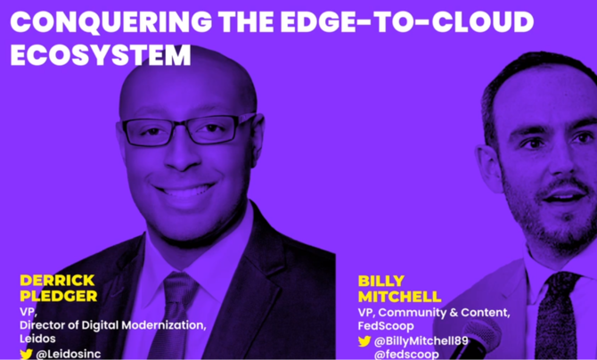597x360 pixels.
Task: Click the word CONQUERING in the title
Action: (x=111, y=22)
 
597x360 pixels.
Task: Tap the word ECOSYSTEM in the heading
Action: (x=101, y=55)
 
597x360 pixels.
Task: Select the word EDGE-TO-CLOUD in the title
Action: (x=407, y=21)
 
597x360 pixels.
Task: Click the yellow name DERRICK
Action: (x=57, y=281)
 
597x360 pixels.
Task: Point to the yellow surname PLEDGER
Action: (x=59, y=296)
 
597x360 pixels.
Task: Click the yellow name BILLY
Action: (x=381, y=282)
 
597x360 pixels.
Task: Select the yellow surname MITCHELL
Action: (x=400, y=297)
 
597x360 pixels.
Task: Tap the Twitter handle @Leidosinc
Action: (x=69, y=354)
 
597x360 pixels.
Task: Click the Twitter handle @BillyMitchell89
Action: (x=421, y=340)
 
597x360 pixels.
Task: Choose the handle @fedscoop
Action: (x=406, y=355)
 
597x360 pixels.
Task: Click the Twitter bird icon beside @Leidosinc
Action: (x=26, y=355)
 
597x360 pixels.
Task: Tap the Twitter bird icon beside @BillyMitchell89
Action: (x=364, y=341)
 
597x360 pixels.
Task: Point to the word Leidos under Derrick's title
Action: (x=37, y=339)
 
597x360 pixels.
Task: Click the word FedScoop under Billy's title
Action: (x=386, y=326)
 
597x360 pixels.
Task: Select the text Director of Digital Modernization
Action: (x=113, y=325)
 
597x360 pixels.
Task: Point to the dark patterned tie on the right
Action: (x=557, y=315)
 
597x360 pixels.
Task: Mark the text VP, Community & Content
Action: (x=434, y=313)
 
